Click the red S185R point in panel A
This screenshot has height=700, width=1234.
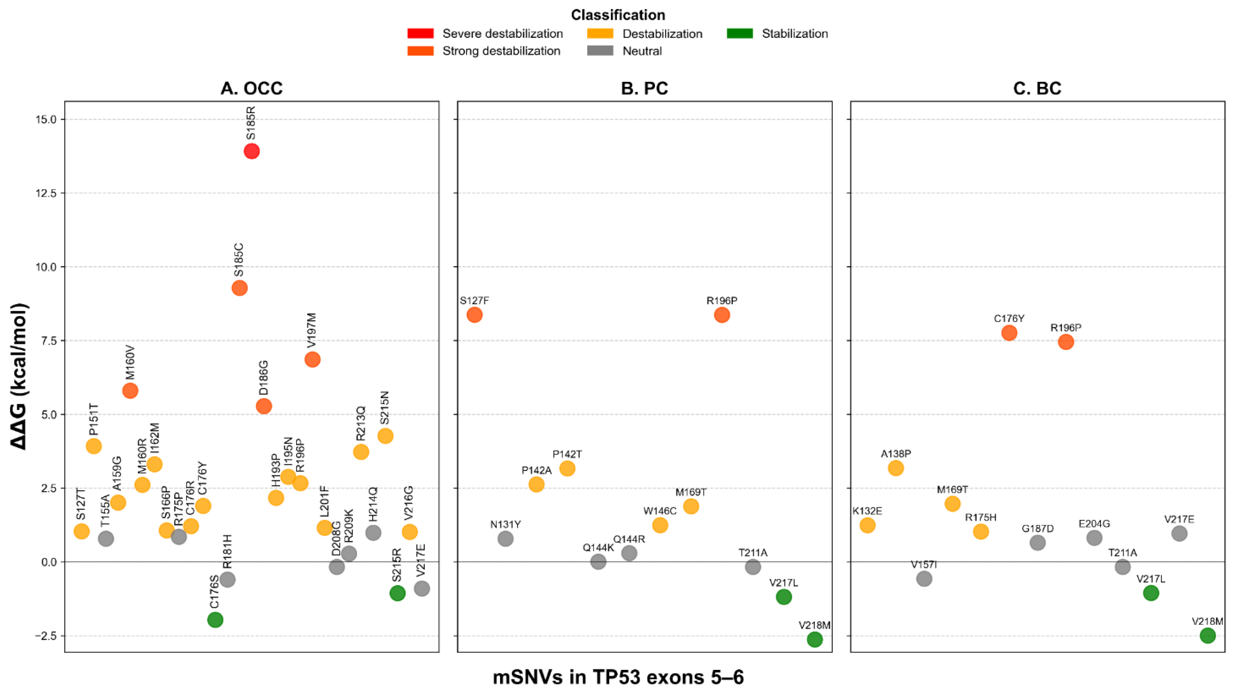[252, 152]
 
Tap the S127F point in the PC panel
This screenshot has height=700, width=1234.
[474, 315]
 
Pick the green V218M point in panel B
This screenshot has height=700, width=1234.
[814, 640]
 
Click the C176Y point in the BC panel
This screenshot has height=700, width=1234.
[1009, 333]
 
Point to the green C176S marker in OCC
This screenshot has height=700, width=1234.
[215, 620]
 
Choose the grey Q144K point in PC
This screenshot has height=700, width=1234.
[598, 561]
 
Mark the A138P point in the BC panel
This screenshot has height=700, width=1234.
[896, 468]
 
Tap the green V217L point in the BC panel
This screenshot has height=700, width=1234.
[1151, 593]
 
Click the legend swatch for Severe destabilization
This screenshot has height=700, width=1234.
[421, 34]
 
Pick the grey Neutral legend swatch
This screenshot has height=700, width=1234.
[600, 51]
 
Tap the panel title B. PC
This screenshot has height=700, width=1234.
[644, 88]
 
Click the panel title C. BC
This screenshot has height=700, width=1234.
[1037, 88]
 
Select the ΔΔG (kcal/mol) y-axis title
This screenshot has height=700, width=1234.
[19, 376]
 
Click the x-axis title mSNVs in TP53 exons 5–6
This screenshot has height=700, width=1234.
[618, 677]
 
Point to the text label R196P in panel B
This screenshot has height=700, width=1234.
[722, 301]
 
